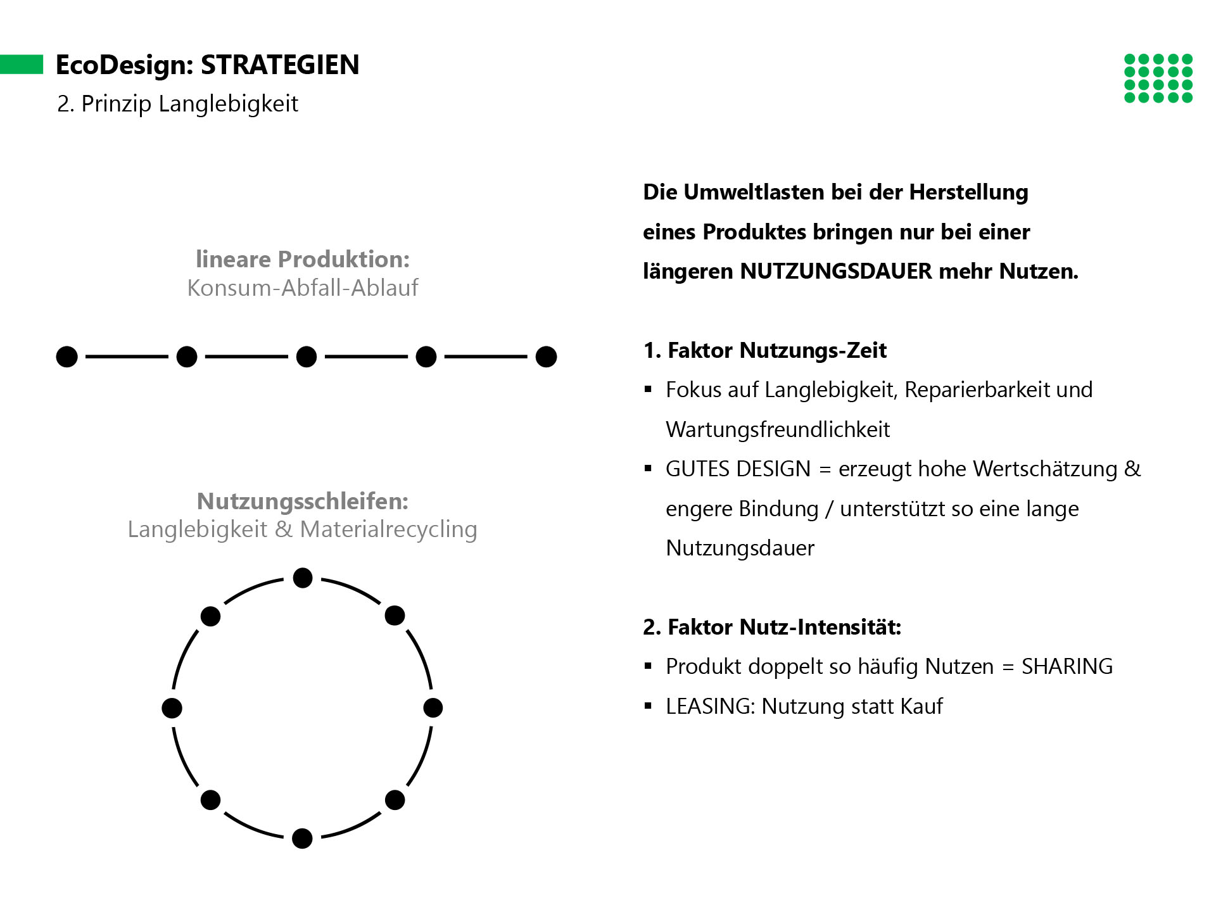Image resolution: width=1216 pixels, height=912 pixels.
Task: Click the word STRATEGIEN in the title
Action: tap(280, 65)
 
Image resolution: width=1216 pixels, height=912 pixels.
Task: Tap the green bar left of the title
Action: tap(22, 65)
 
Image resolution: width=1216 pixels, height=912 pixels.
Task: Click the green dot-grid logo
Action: tap(1158, 79)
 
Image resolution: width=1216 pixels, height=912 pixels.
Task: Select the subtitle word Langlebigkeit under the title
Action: tap(228, 104)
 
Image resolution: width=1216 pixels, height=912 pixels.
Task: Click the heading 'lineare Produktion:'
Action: tap(303, 259)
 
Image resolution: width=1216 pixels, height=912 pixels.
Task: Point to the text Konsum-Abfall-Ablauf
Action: tap(303, 288)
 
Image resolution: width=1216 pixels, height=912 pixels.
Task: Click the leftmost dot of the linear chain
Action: tap(67, 357)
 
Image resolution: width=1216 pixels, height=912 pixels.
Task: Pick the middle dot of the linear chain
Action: tap(307, 357)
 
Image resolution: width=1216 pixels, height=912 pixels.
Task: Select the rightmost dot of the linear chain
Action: tap(546, 357)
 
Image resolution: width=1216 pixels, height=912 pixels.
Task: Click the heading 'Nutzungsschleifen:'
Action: tap(303, 501)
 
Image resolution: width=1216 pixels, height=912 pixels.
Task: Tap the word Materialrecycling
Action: tap(389, 529)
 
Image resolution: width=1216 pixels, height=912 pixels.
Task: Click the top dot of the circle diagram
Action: tap(303, 578)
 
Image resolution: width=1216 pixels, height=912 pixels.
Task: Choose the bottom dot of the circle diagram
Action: tap(303, 839)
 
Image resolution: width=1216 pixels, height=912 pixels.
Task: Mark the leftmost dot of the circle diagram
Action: tap(172, 708)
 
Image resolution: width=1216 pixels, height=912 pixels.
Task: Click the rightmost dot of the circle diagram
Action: tap(433, 708)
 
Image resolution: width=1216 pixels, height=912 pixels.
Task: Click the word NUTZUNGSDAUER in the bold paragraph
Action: tap(836, 272)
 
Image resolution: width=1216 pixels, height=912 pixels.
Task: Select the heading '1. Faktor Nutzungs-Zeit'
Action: tap(765, 350)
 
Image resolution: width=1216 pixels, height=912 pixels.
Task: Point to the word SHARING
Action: tap(1067, 667)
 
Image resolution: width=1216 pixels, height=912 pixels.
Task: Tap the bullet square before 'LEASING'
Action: tap(648, 706)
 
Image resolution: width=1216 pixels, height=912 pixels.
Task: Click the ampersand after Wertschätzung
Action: tap(1132, 469)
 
